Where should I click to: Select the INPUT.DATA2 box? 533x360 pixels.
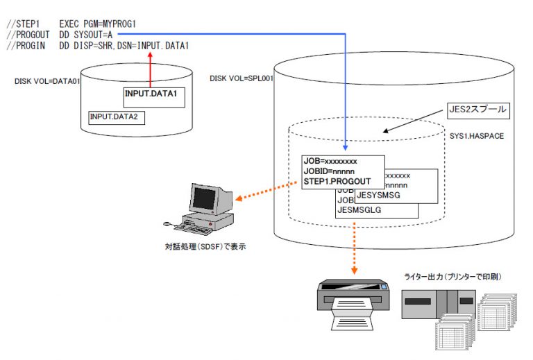pyautogui.click(x=117, y=117)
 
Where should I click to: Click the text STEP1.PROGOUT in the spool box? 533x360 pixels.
pyautogui.click(x=336, y=182)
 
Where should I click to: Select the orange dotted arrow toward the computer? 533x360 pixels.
pyautogui.click(x=261, y=192)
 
